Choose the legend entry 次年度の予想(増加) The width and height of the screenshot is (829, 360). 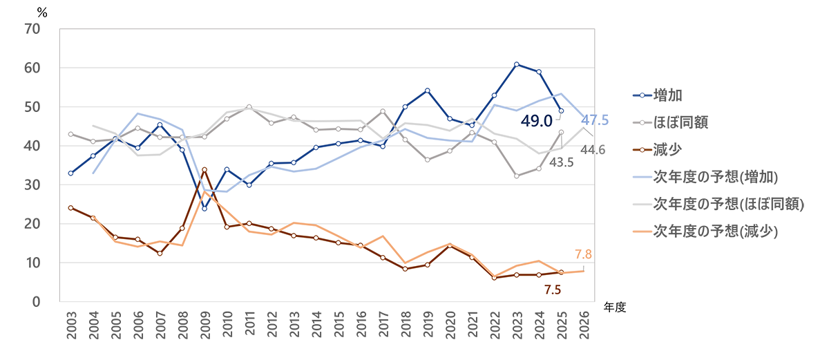pos(715,177)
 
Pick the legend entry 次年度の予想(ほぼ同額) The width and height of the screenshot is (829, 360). pos(727,204)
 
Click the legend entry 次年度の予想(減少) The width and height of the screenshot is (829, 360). pos(715,231)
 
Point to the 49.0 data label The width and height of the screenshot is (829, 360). pos(536,122)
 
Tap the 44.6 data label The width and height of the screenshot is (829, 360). pos(592,149)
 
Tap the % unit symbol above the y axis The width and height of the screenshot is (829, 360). pos(42,12)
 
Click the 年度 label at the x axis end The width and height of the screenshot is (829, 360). pos(614,307)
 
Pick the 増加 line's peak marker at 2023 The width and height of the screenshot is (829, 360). pos(517,64)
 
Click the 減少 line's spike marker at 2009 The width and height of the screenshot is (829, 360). pos(204,169)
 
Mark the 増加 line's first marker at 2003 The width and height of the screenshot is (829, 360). pos(71,173)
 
